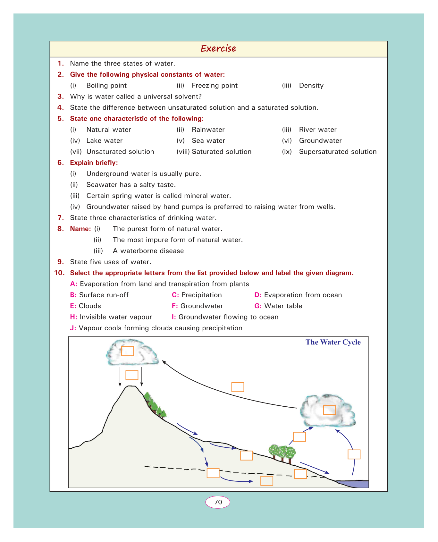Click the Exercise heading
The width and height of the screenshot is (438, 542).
click(218, 49)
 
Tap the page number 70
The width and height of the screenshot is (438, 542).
click(218, 502)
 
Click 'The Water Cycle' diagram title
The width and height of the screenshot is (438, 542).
click(333, 342)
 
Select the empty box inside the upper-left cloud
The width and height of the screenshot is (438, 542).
click(128, 351)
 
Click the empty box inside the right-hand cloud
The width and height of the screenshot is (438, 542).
click(329, 410)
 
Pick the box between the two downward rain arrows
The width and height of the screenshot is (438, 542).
click(132, 375)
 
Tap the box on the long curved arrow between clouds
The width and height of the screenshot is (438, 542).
click(238, 387)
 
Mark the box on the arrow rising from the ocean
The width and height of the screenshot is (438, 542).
click(354, 454)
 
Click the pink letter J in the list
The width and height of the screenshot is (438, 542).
click(73, 328)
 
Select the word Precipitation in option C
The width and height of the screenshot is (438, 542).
click(201, 295)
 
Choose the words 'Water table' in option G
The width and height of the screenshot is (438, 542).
click(283, 306)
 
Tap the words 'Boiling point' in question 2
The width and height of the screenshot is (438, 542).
click(106, 86)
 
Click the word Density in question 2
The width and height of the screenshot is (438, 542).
click(311, 86)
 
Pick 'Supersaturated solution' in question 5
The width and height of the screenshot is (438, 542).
click(338, 152)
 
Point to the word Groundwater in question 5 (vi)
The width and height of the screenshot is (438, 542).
click(320, 141)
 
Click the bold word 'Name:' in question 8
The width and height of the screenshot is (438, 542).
click(80, 229)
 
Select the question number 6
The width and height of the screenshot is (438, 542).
click(61, 163)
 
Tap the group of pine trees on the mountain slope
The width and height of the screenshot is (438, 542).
click(155, 406)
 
